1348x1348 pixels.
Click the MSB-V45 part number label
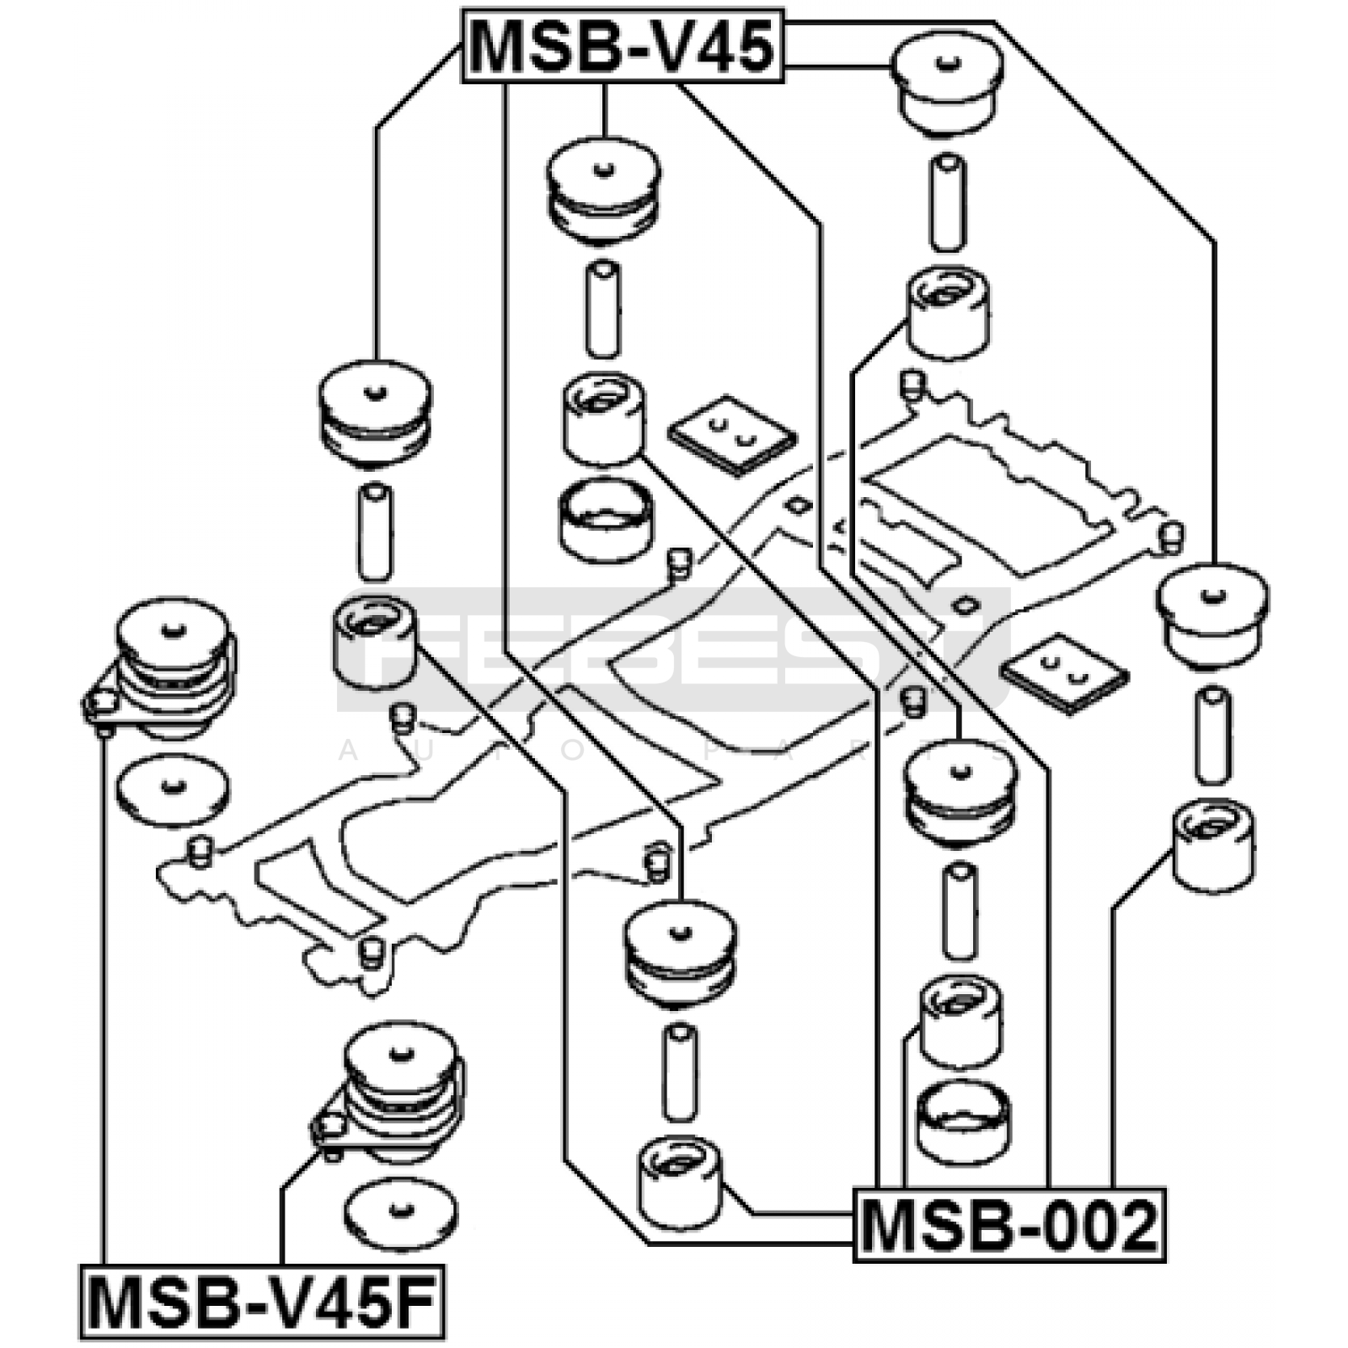(x=623, y=46)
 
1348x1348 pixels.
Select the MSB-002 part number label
(x=1009, y=1226)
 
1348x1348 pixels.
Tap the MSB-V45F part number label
(x=262, y=1302)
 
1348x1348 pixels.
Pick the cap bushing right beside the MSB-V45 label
(x=948, y=88)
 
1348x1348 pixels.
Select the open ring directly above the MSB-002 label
(x=963, y=1122)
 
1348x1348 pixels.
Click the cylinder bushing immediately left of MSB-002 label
(x=681, y=1181)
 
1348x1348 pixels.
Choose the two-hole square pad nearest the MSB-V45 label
(x=732, y=435)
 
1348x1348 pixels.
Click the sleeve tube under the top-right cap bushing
(x=948, y=201)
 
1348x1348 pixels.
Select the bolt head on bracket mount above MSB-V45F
(x=328, y=1125)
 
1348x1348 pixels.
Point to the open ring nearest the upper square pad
(x=606, y=519)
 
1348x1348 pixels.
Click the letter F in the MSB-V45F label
(x=418, y=1303)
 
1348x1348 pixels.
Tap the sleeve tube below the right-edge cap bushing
(x=1214, y=736)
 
